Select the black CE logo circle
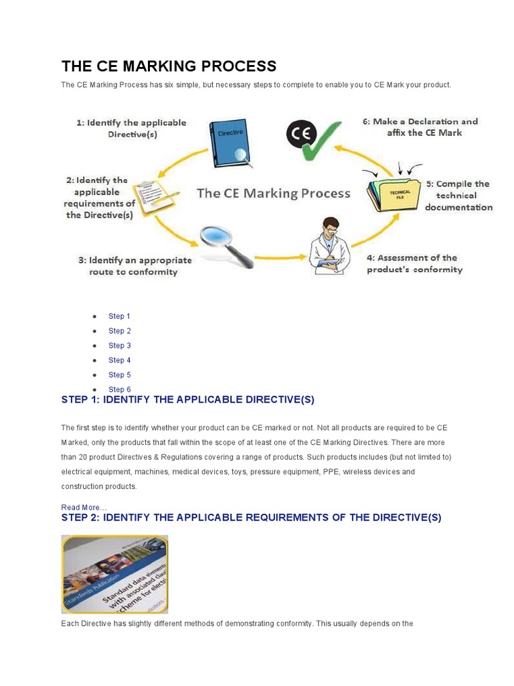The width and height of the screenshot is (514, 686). (x=298, y=134)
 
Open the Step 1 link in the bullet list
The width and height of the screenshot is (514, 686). (x=119, y=316)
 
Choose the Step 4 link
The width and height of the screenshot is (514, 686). (x=119, y=360)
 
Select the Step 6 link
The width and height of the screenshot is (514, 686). (x=119, y=390)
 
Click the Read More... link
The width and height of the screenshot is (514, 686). (x=84, y=507)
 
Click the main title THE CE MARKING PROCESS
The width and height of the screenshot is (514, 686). (x=169, y=66)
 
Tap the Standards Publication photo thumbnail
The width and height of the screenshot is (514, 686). (x=114, y=574)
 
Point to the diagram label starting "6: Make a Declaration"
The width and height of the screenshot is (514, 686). (x=420, y=127)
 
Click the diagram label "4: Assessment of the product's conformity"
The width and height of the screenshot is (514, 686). (x=414, y=263)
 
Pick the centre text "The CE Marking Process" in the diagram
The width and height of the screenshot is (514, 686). (x=273, y=194)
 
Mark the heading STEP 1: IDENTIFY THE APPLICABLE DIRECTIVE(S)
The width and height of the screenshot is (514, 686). (x=187, y=400)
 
